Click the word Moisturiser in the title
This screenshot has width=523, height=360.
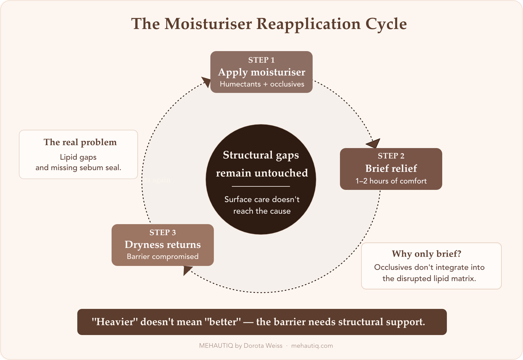(x=208, y=24)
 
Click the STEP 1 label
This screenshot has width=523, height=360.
(x=261, y=60)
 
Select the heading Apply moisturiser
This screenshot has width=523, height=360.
(x=261, y=72)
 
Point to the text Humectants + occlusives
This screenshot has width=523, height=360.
(x=262, y=84)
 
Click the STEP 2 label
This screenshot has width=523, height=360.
(x=391, y=156)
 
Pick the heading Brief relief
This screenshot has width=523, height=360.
(x=391, y=168)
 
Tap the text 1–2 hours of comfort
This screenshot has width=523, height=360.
(x=391, y=181)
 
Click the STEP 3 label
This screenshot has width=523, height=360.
(x=162, y=233)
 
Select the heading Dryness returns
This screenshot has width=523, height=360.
(x=162, y=244)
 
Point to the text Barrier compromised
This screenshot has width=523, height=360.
(x=162, y=257)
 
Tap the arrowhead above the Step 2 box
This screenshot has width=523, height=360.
(x=374, y=143)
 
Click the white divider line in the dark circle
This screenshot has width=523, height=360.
(x=261, y=186)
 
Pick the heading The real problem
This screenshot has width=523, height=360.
(x=80, y=142)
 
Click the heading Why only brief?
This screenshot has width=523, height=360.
(x=426, y=254)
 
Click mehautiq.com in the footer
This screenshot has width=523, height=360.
(x=312, y=346)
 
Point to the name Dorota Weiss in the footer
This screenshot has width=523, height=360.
(x=263, y=346)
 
